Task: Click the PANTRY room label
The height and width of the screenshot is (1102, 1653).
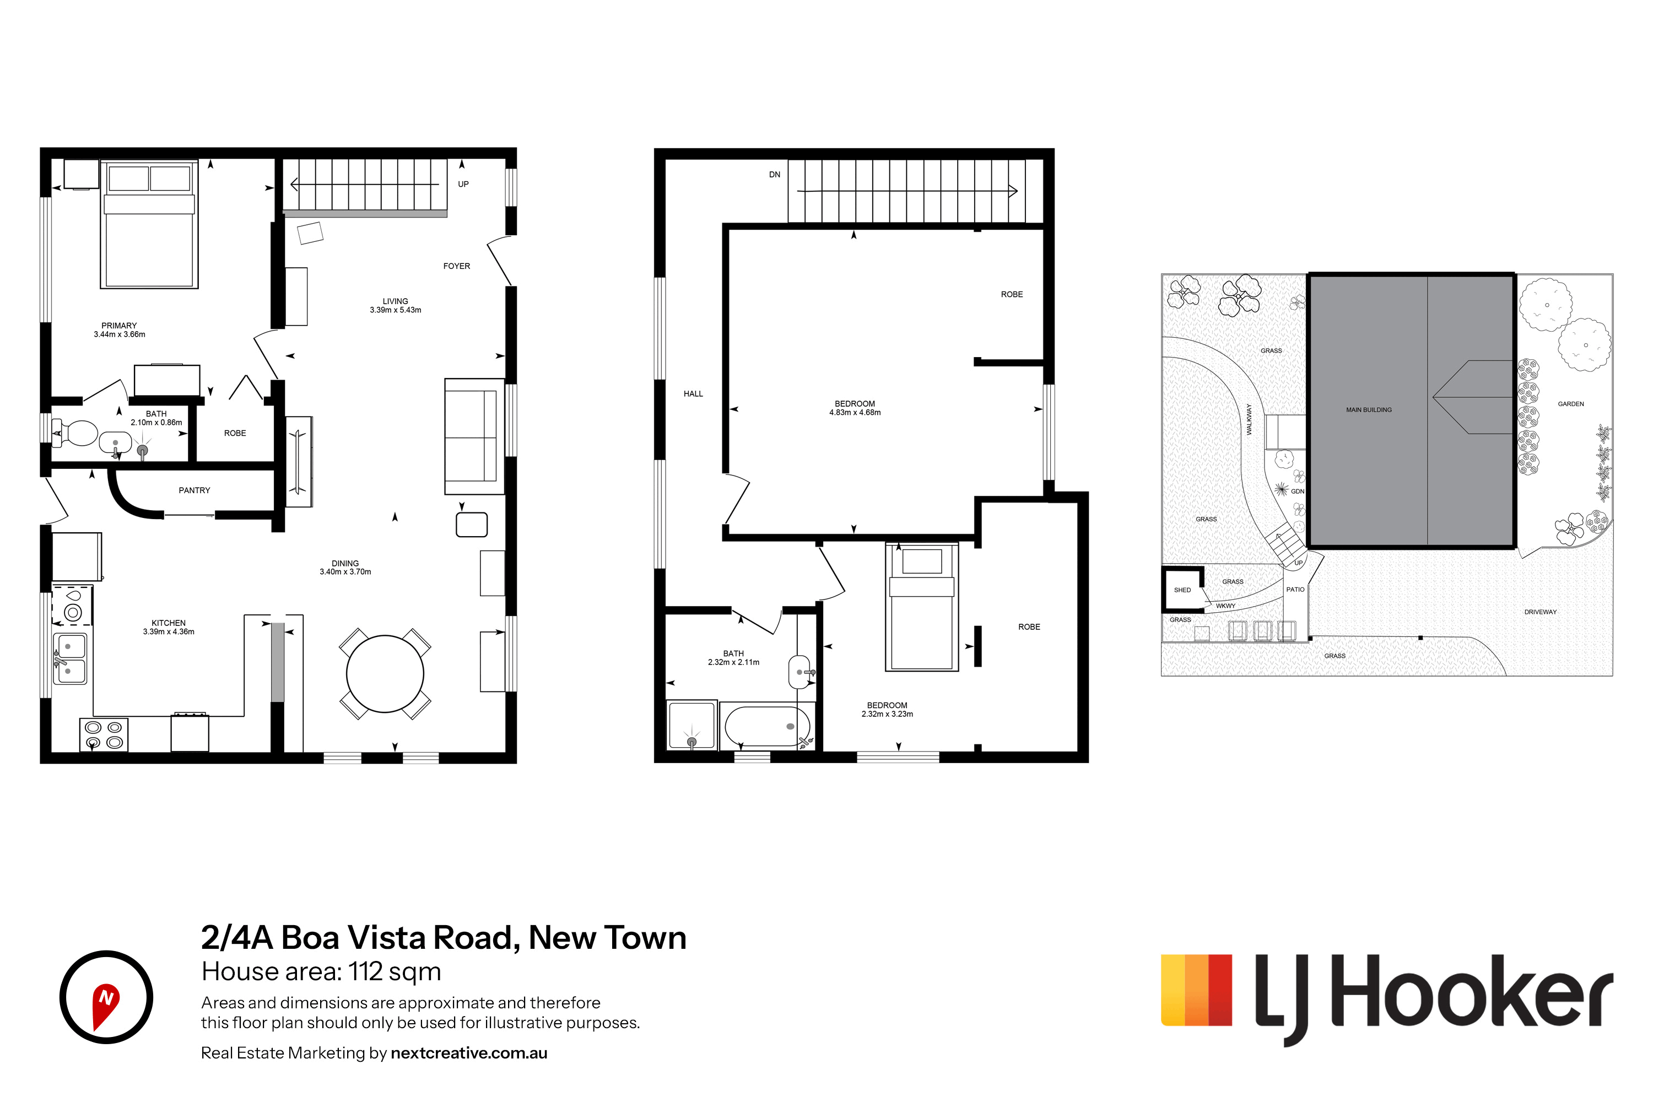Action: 194,490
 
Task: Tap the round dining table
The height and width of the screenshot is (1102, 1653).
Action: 385,674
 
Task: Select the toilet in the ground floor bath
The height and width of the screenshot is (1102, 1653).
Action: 75,434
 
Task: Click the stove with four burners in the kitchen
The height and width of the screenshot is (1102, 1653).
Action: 104,734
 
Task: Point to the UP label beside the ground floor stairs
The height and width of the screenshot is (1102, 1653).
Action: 463,184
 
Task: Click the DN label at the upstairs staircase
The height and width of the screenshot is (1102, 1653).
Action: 775,174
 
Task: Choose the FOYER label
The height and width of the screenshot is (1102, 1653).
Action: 457,266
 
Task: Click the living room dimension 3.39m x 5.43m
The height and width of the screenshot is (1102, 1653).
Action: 396,310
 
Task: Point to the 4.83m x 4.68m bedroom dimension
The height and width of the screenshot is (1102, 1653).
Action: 855,413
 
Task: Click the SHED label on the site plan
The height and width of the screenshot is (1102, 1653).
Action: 1182,590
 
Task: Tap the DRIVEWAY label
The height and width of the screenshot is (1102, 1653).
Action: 1541,612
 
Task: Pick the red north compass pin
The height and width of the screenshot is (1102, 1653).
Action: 106,1005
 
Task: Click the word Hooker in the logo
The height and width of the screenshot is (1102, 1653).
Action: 1472,991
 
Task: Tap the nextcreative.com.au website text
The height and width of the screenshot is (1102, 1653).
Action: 469,1053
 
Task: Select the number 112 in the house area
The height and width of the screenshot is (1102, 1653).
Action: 365,971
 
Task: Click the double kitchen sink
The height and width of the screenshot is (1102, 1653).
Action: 71,658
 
